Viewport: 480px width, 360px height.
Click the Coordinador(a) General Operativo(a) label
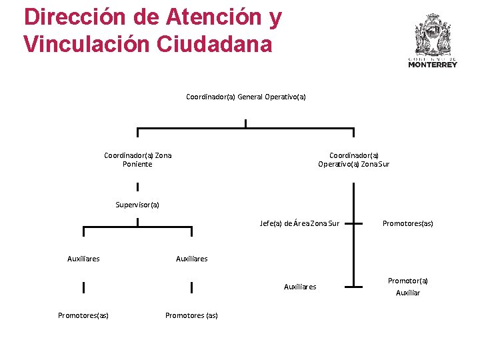[245, 97]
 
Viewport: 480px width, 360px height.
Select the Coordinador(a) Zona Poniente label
[137, 160]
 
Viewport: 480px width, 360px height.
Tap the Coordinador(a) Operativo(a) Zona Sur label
[353, 160]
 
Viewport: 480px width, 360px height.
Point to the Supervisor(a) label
[137, 205]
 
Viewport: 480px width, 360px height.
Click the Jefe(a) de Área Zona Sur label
[299, 223]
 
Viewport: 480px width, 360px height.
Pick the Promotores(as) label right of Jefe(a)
[407, 223]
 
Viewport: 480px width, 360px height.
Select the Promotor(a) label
[408, 281]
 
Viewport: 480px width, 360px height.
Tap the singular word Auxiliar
[408, 293]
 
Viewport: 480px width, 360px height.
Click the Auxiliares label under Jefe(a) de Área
[300, 287]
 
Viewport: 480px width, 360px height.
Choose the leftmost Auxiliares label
[83, 259]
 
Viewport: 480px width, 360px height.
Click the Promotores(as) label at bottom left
[83, 315]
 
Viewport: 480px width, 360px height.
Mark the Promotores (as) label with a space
[191, 315]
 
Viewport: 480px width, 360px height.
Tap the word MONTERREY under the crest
[433, 65]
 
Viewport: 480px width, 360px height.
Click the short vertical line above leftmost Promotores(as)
[83, 287]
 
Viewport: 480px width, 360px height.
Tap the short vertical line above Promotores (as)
[191, 287]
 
